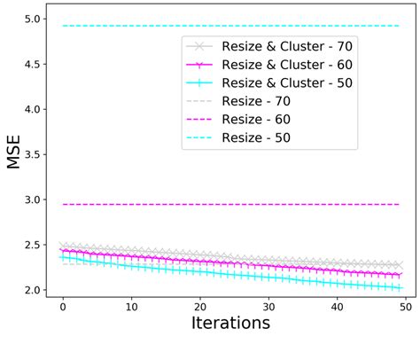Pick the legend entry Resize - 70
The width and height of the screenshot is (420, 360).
[x=252, y=101]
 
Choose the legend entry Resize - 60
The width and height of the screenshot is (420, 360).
[x=252, y=120]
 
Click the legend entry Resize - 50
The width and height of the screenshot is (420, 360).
[x=252, y=138]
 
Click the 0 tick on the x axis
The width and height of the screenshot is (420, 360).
[x=63, y=306]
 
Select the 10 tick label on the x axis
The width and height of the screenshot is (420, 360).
[x=131, y=306]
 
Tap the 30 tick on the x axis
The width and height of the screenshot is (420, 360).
[x=268, y=306]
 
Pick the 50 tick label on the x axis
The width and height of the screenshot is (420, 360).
[x=406, y=306]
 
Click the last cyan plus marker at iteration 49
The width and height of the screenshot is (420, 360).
[x=399, y=287]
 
